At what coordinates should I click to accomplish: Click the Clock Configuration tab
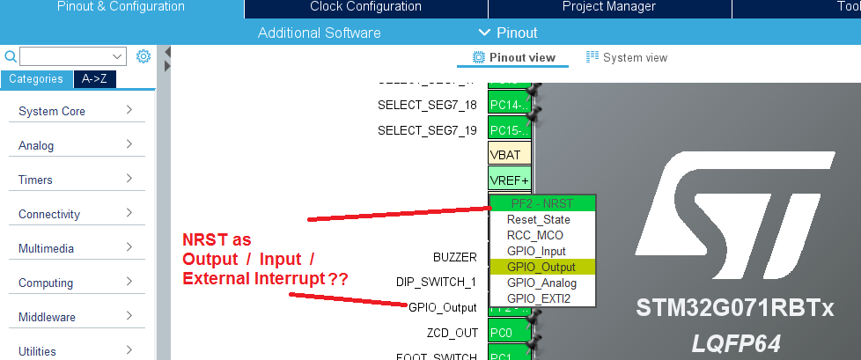(365, 7)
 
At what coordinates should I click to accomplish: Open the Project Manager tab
(609, 7)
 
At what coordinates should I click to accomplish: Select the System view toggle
(627, 58)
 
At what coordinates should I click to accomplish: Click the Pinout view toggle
(515, 58)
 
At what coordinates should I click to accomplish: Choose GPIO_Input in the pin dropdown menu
(536, 251)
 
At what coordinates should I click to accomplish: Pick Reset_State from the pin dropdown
(538, 219)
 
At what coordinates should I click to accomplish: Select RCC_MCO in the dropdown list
(534, 235)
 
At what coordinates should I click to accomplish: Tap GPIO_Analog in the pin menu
(541, 283)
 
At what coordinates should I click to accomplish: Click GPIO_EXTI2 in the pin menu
(539, 298)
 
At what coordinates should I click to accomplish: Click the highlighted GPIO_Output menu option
(541, 267)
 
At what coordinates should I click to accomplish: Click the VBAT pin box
(510, 154)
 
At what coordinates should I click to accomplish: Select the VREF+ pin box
(510, 180)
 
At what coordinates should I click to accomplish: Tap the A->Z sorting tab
(95, 79)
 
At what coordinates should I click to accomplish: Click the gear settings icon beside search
(143, 56)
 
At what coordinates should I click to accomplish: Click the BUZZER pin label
(454, 257)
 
